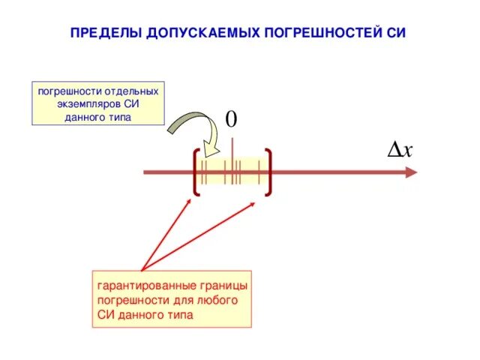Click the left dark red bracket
point(194,172)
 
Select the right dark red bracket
point(268,172)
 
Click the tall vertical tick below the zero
point(232,161)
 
